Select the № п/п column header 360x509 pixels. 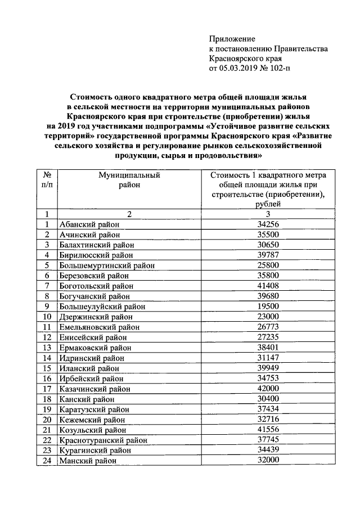[47, 179]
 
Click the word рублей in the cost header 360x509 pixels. [267, 204]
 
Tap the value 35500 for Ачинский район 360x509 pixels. [268, 235]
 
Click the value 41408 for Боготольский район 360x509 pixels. [268, 286]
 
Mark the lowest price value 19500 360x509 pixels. [268, 307]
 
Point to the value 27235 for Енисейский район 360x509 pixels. [268, 337]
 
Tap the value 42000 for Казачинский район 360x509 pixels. [268, 388]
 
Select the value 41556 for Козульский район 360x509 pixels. [268, 429]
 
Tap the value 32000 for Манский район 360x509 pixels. [268, 460]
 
